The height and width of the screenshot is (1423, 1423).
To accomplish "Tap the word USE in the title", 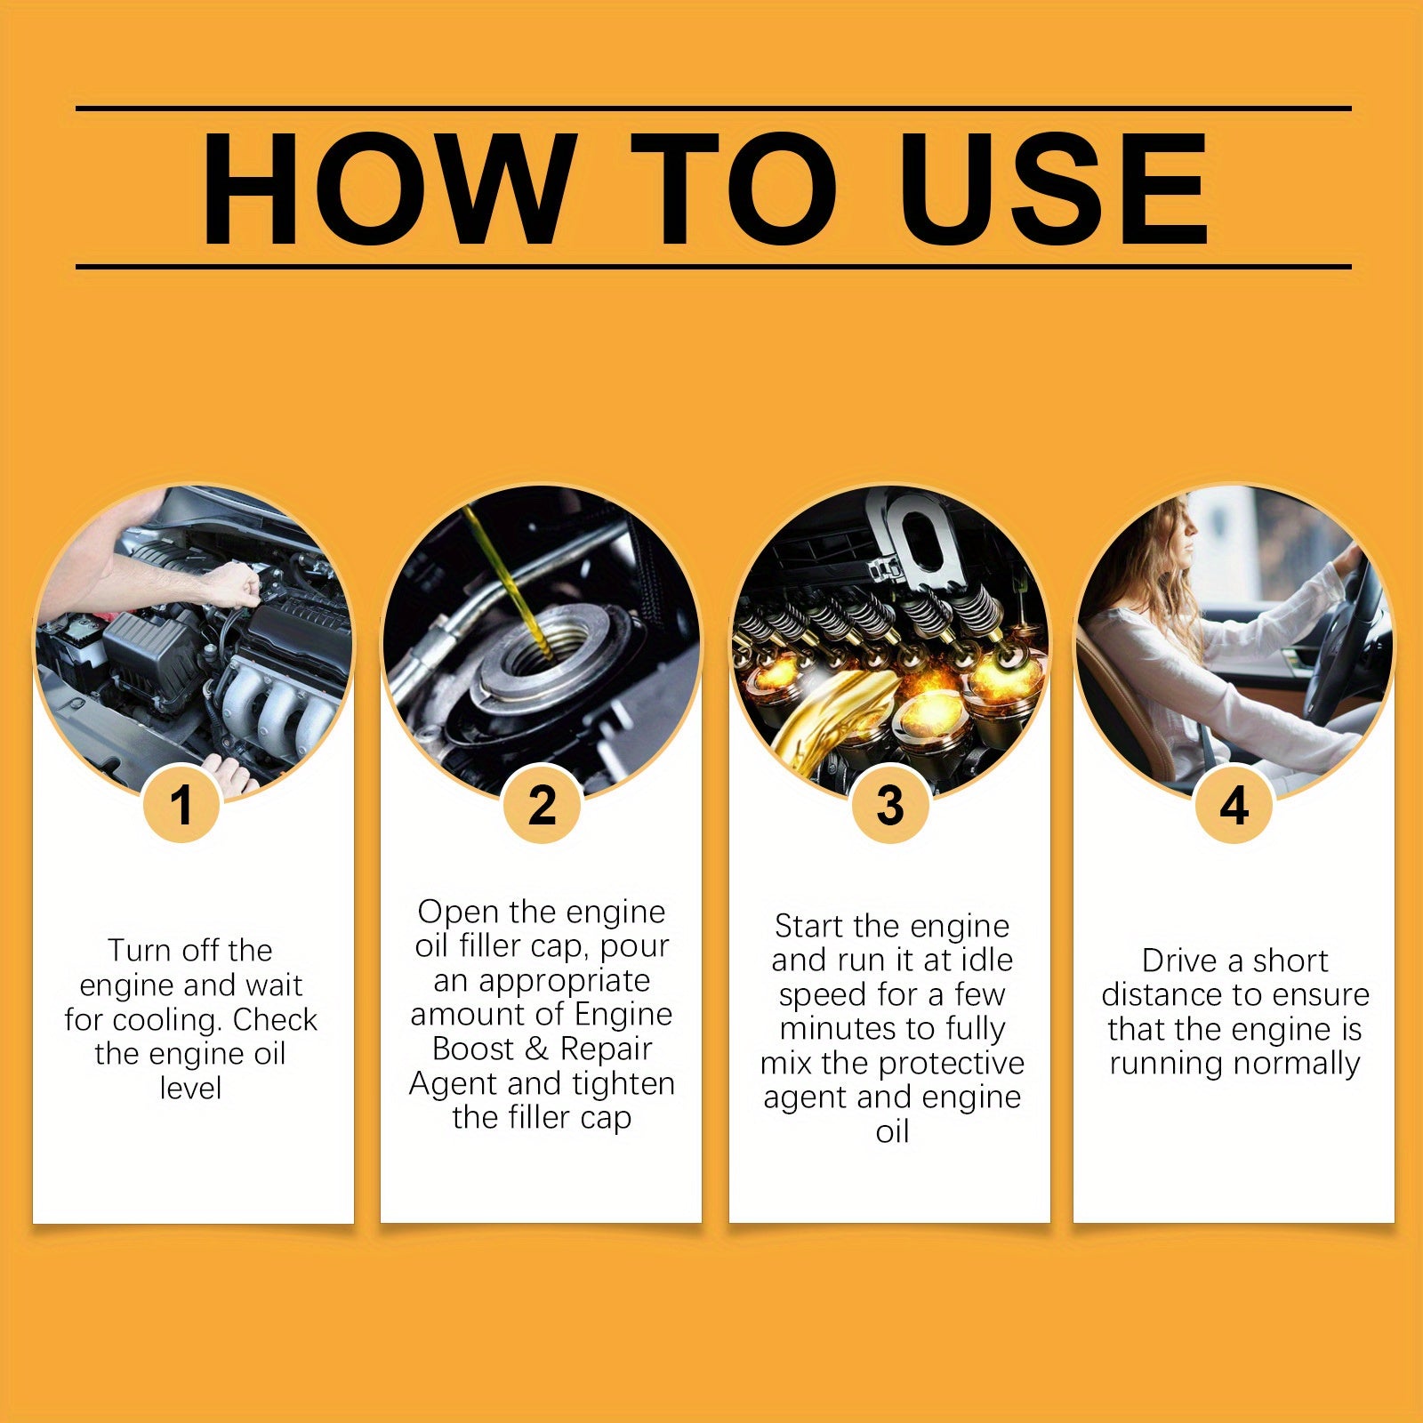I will [x=1057, y=189].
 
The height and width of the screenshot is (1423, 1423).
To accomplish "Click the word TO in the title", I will [x=734, y=189].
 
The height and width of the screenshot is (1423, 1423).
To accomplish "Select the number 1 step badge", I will [x=182, y=805].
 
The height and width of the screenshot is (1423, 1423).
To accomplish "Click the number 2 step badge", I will [x=542, y=805].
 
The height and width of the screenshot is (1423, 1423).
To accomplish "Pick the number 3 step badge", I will [x=890, y=805].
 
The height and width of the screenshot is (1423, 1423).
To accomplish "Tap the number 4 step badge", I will [x=1234, y=805].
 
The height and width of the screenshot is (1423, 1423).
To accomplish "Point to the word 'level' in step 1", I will [x=190, y=1088].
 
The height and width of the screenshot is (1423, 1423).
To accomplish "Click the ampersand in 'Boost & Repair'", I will [x=536, y=1049].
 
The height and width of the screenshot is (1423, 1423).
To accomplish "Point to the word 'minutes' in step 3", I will [x=829, y=1029].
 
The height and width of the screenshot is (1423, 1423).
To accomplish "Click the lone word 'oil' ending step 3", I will [x=892, y=1131].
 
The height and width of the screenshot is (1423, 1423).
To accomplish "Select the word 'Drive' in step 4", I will [x=1179, y=961].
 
